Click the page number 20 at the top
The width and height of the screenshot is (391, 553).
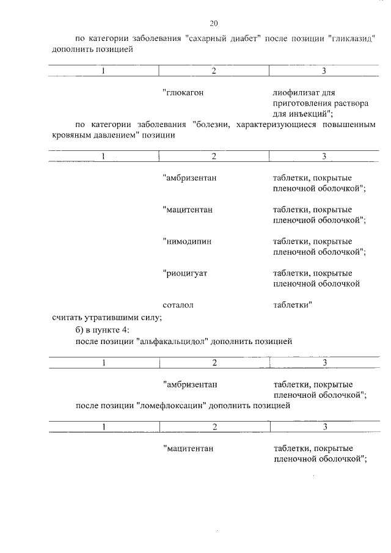point(213,23)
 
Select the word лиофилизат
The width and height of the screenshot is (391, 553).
point(294,93)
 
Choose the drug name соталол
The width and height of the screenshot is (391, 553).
point(178,304)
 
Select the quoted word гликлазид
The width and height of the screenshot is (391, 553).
point(350,38)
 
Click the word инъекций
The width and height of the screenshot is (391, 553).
point(310,114)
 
